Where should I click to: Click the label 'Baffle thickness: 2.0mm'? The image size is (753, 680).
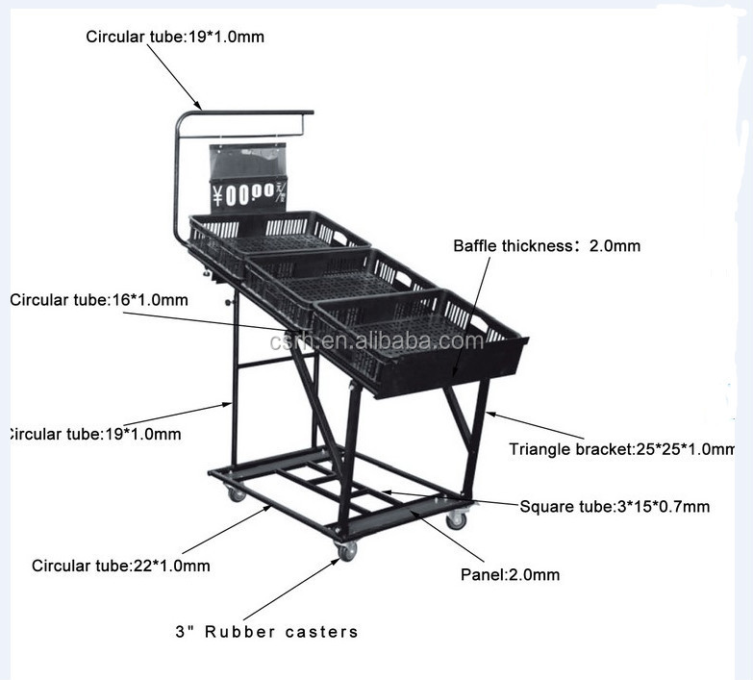click(x=546, y=246)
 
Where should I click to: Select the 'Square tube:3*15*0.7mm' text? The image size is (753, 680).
click(x=615, y=506)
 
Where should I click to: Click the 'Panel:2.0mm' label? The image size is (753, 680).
click(x=510, y=575)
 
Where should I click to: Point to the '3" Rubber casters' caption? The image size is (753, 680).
click(x=266, y=632)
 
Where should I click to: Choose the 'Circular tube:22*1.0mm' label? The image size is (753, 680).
click(x=120, y=565)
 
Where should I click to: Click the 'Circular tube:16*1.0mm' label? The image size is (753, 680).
click(x=99, y=300)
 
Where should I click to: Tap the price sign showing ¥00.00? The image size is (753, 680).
click(x=249, y=194)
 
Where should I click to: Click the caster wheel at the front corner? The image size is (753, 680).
click(x=346, y=550)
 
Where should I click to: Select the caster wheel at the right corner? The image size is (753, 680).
click(x=457, y=519)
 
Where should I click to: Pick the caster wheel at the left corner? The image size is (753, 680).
click(x=236, y=493)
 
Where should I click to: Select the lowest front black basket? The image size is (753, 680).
click(x=423, y=341)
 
